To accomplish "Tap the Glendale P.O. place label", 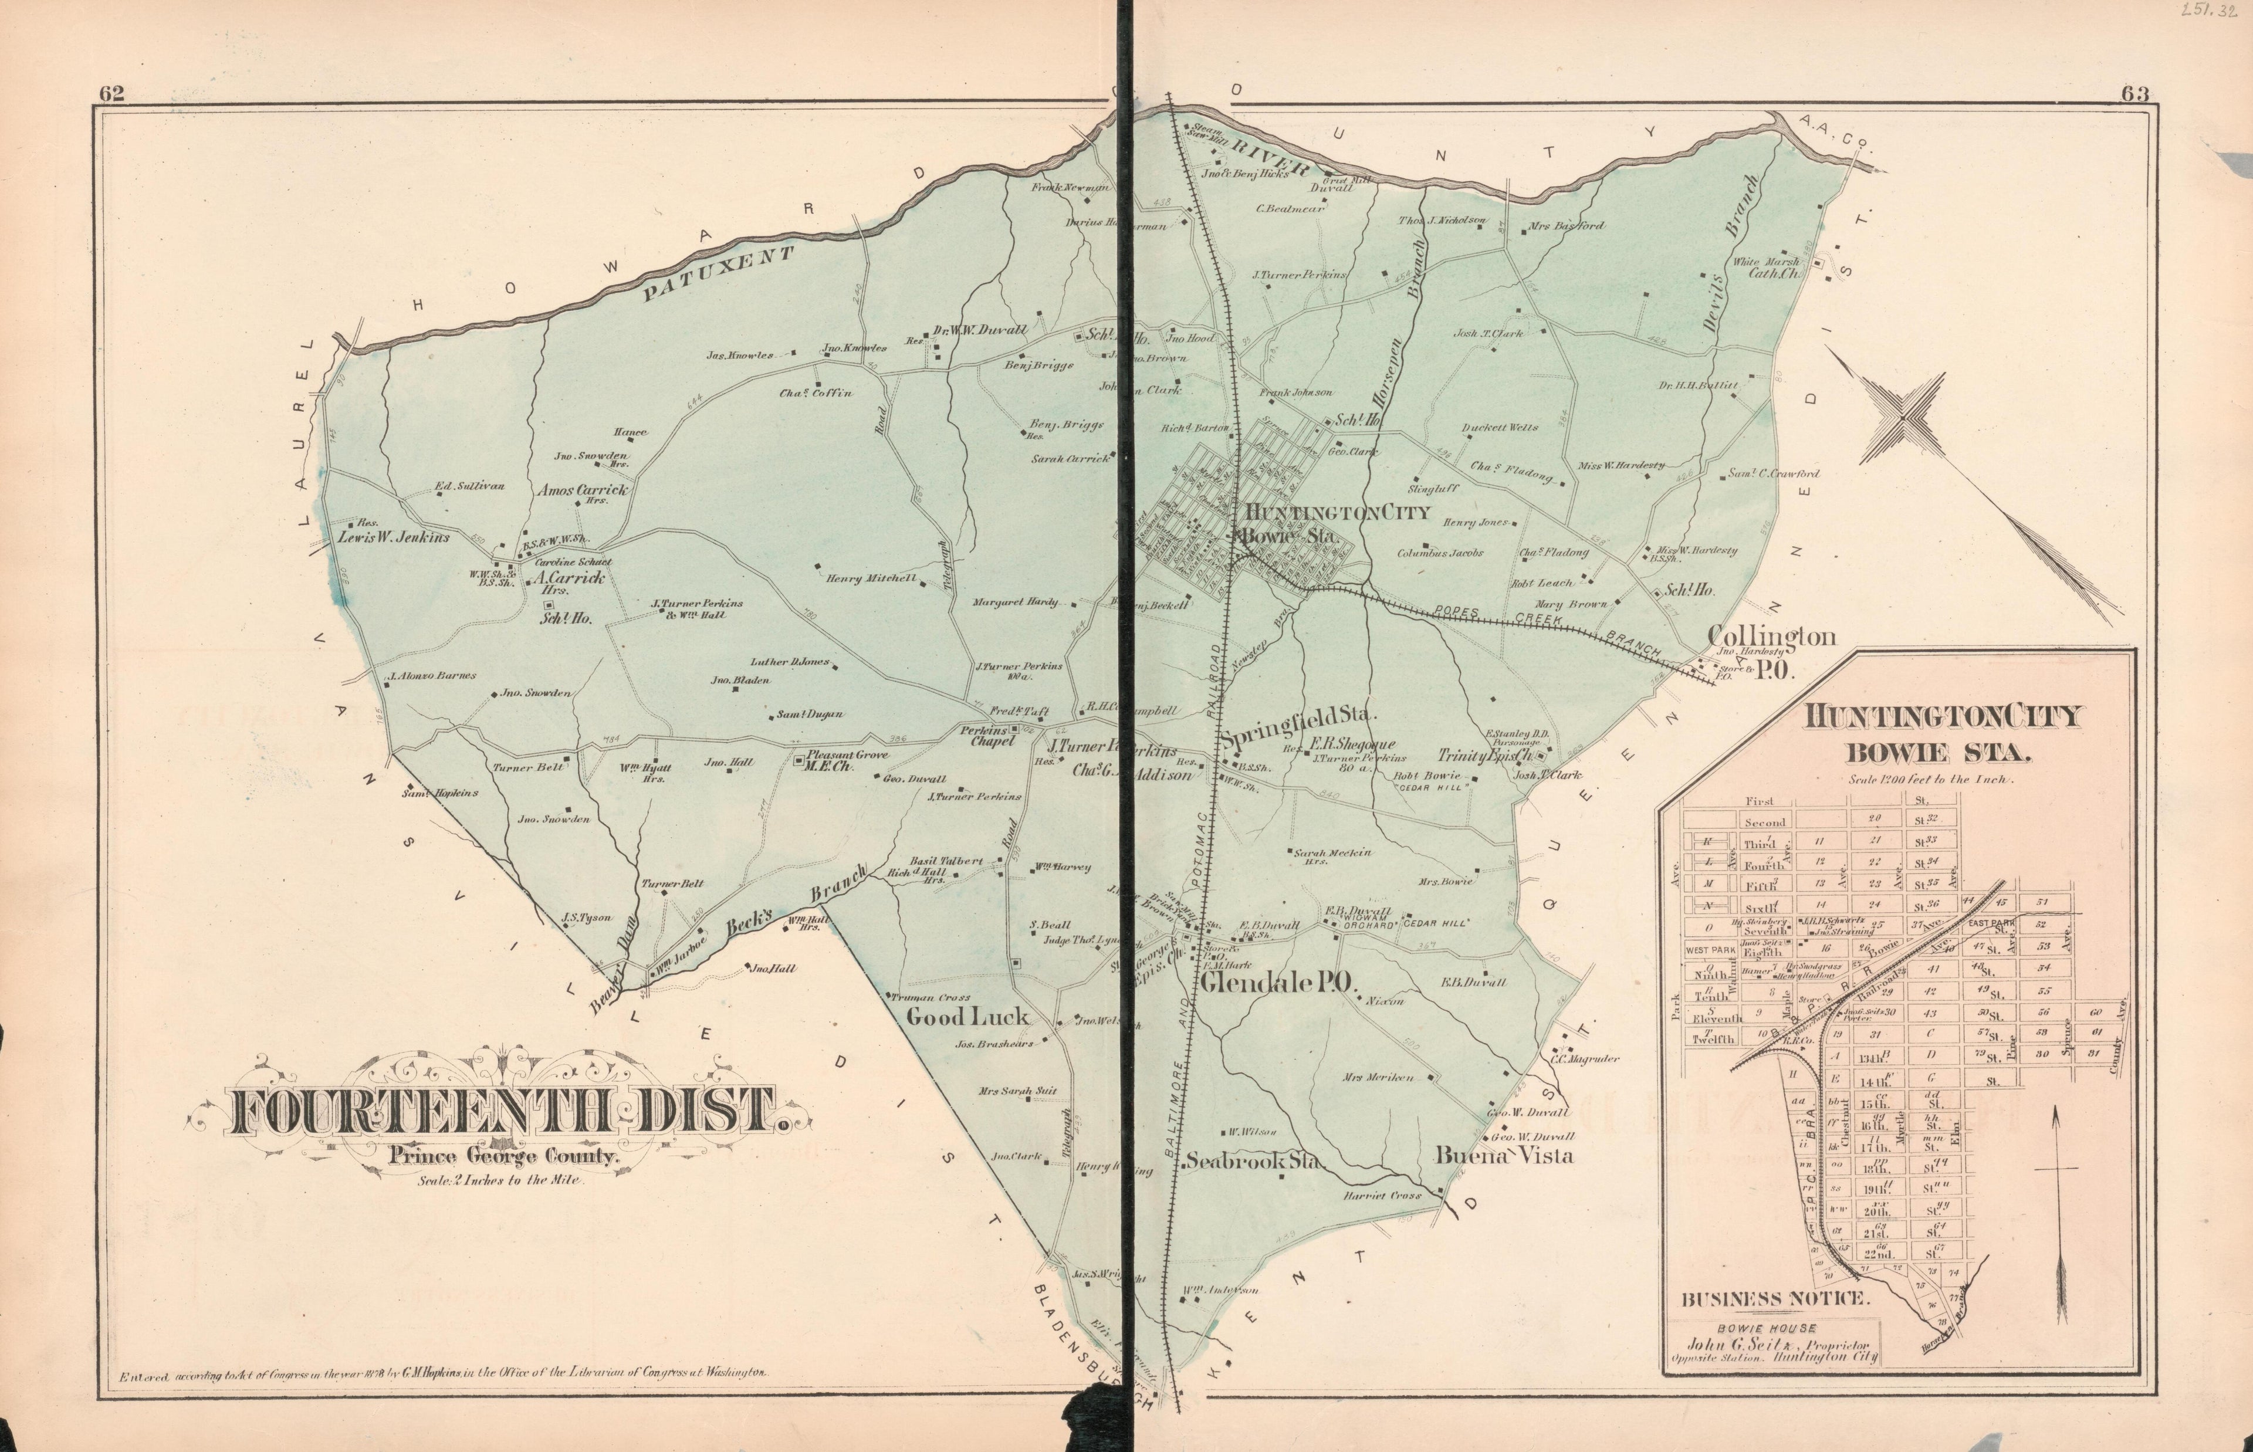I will (x=1277, y=985).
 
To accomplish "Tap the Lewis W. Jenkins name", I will (x=394, y=537).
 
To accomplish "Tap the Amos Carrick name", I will (x=581, y=490).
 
